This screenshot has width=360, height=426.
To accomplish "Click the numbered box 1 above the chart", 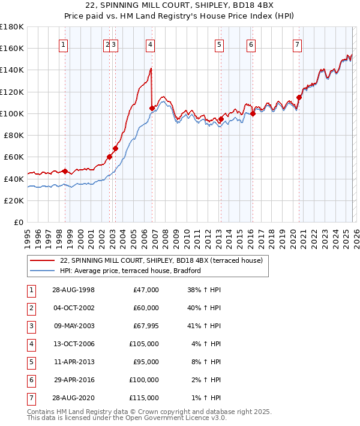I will click(x=64, y=44).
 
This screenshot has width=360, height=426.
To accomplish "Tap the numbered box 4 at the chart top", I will click(x=150, y=44).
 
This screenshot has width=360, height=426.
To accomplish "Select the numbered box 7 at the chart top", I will click(x=297, y=44).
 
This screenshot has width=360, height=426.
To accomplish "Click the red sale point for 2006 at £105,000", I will click(x=152, y=108).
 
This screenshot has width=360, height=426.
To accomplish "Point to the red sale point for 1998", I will click(x=65, y=171).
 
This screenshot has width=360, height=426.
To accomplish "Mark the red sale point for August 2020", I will click(x=299, y=97).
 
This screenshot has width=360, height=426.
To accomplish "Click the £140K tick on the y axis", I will click(x=12, y=70).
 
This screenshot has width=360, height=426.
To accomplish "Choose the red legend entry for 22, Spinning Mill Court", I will click(x=156, y=260).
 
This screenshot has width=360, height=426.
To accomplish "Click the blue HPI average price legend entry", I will click(x=130, y=271).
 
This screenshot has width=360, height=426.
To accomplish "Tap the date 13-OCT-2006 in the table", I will click(x=73, y=344).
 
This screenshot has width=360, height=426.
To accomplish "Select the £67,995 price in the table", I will click(x=146, y=326).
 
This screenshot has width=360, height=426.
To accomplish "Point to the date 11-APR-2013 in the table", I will click(x=73, y=361).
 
